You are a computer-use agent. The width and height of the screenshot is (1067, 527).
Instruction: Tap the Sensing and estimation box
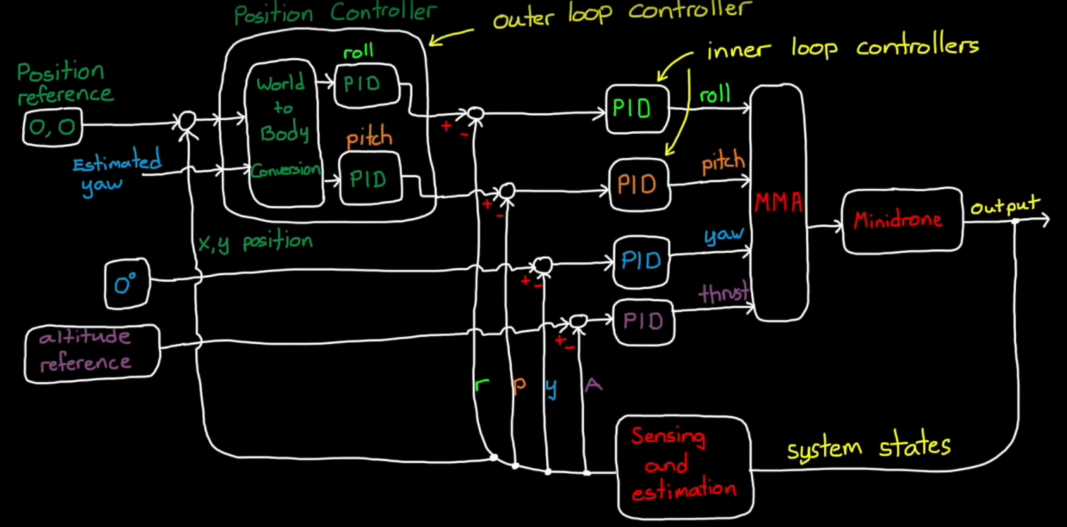coord(684,466)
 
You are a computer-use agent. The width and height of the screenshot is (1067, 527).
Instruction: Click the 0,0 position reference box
coord(52,127)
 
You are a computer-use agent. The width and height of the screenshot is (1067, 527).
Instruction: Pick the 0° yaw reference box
coord(127,284)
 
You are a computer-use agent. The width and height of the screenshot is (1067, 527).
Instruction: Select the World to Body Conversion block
coord(283,133)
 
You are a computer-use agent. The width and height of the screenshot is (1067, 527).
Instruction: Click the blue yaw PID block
coord(641,262)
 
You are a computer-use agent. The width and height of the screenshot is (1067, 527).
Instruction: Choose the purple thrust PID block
coord(643,321)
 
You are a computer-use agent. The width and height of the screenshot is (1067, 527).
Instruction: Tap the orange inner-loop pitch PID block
coord(638,185)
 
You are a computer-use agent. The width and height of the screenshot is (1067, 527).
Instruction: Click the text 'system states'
coord(869,448)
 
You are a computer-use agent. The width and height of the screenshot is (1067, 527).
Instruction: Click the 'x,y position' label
coord(255,242)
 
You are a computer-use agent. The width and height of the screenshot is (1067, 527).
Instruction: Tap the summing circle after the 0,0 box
coord(187,121)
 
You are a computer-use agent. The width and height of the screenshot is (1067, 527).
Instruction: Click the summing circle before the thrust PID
coord(578,320)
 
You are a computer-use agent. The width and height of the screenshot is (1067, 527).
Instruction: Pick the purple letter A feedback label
coord(593,384)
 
